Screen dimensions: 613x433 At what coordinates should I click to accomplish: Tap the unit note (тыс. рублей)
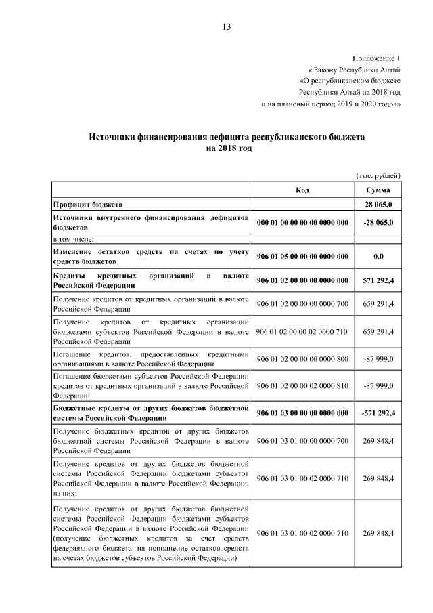378,175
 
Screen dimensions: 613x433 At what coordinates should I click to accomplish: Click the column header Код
302,190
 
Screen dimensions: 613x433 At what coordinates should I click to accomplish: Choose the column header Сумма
378,190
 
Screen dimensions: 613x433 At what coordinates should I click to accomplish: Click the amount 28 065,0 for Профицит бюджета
378,204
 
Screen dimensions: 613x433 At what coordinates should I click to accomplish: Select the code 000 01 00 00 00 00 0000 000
302,221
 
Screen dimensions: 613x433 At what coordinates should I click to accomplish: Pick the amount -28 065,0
378,221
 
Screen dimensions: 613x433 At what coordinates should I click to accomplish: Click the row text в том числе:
73,239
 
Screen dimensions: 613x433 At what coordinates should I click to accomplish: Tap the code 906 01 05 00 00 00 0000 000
302,257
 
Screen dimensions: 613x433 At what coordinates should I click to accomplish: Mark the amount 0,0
378,257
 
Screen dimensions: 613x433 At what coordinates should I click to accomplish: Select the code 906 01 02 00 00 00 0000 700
302,304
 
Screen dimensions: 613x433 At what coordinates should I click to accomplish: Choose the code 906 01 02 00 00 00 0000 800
302,360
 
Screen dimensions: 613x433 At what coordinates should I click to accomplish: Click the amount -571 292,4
378,413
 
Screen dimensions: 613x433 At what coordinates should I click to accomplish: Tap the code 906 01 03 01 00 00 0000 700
302,441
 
